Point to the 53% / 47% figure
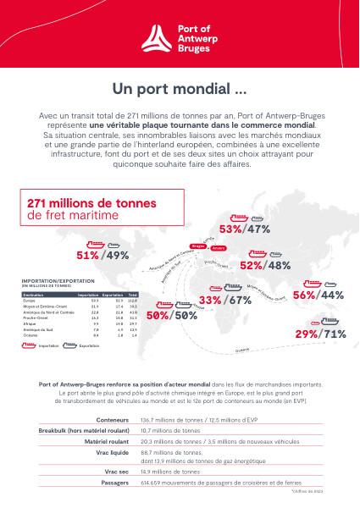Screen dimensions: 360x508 coord(244,229)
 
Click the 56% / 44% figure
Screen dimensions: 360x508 coord(318,295)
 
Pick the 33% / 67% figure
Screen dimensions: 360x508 coord(225,300)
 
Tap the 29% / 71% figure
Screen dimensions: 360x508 coord(320,334)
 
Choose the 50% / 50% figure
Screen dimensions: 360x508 coord(172,315)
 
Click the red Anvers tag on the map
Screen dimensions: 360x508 coord(219,249)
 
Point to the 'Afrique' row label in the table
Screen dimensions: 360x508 coord(29,323)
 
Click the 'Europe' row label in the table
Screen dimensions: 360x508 coord(29,300)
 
